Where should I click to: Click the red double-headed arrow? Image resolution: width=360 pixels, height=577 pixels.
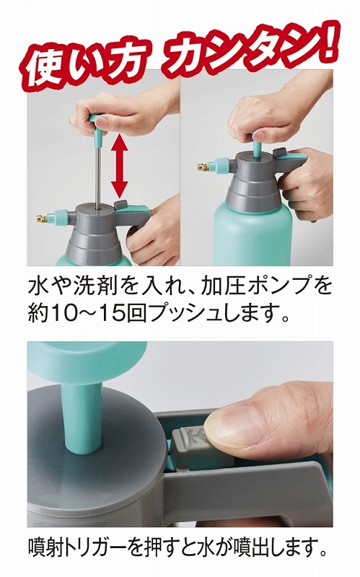coord(119,166)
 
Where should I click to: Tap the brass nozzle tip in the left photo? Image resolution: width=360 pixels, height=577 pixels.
coord(41,218)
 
